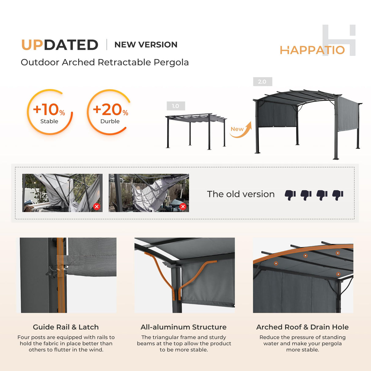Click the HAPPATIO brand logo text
312,50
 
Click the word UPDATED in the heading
60,45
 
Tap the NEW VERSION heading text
146,45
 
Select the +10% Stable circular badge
50,112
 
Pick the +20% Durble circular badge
110,112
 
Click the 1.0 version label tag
176,106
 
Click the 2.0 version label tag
262,82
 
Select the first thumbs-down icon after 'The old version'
290,195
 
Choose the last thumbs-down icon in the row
338,195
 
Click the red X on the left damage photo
97,207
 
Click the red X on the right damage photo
183,207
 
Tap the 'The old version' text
241,194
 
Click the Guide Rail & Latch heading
66,327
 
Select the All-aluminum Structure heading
183,327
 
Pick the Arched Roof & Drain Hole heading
302,327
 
